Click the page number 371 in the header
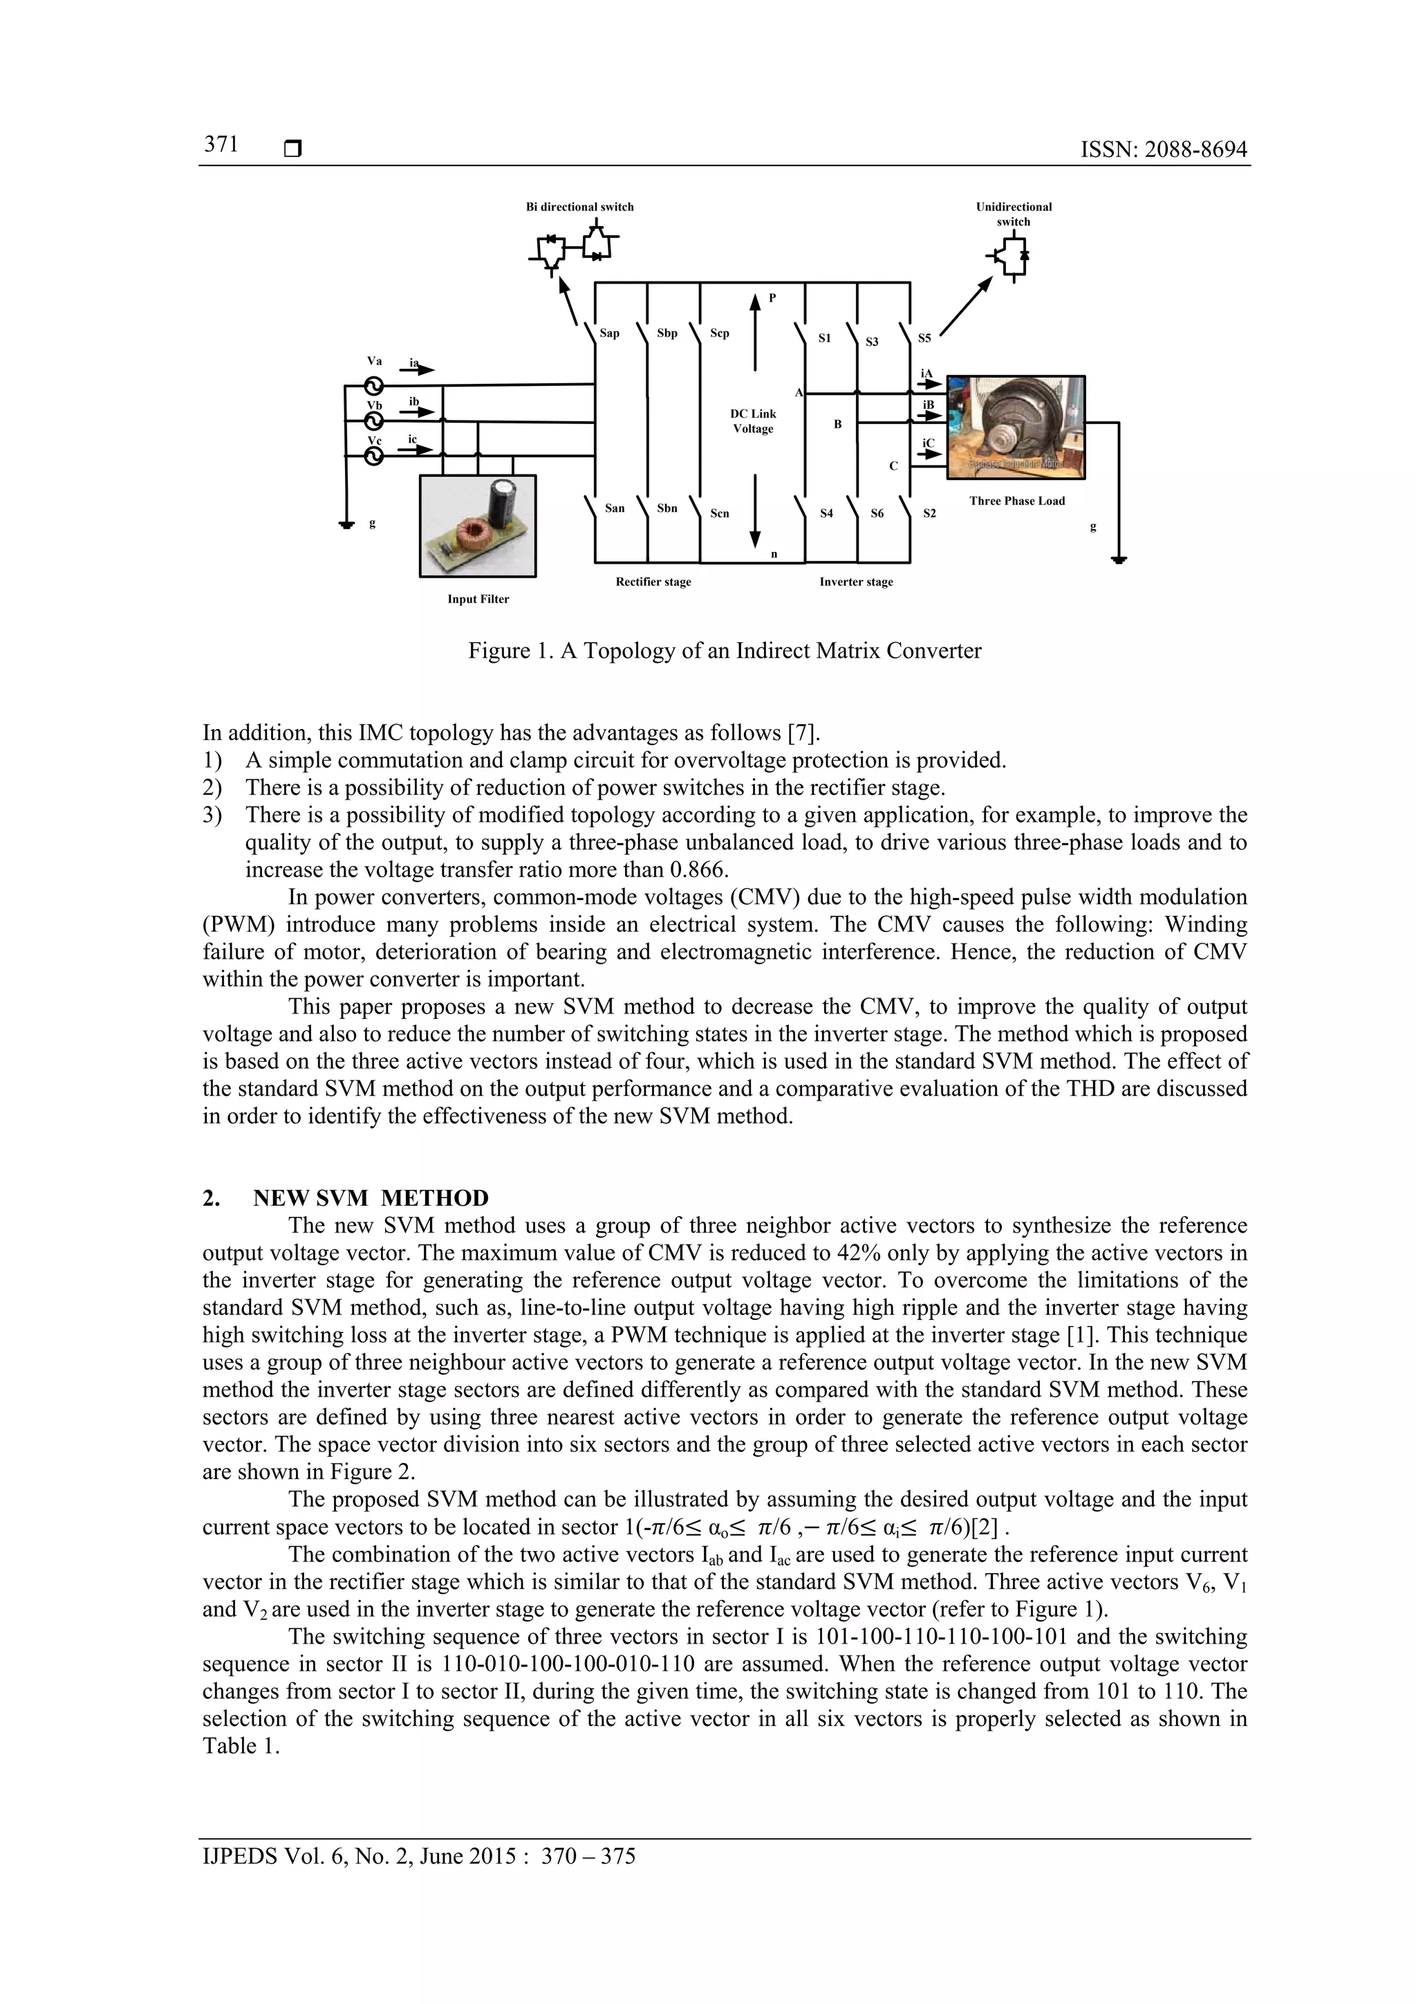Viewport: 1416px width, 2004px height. (x=222, y=145)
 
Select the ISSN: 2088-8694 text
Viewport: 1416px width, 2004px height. (x=1163, y=150)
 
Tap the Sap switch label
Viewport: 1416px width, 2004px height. (x=609, y=333)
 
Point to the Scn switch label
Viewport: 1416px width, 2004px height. (x=719, y=513)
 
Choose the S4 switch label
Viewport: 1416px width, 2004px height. (x=826, y=513)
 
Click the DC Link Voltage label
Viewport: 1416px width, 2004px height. (x=753, y=421)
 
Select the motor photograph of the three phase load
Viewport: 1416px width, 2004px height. (x=1016, y=427)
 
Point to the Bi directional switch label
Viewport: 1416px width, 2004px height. (x=579, y=207)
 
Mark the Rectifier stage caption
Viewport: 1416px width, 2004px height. (x=653, y=582)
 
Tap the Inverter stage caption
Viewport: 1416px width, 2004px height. (x=856, y=582)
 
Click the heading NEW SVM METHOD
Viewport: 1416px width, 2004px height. (x=370, y=1198)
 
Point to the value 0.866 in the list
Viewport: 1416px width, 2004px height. (x=698, y=870)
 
